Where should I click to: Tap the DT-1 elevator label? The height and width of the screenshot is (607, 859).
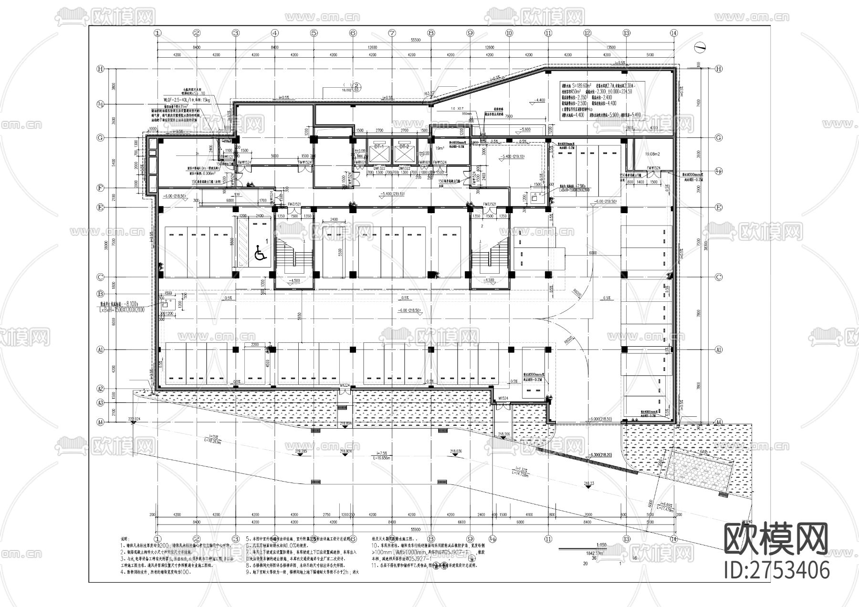pos(379,146)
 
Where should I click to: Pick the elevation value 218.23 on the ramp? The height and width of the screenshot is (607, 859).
pos(589,484)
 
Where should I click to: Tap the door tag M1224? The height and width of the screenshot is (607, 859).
pos(346,385)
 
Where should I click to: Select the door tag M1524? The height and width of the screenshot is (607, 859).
pos(503,398)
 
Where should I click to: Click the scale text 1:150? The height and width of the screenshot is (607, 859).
pos(601,545)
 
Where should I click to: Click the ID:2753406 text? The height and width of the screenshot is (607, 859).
pos(776,570)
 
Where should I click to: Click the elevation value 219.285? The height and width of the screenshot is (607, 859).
pos(301,451)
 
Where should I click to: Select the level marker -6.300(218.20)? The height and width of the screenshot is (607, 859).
pos(601,455)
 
